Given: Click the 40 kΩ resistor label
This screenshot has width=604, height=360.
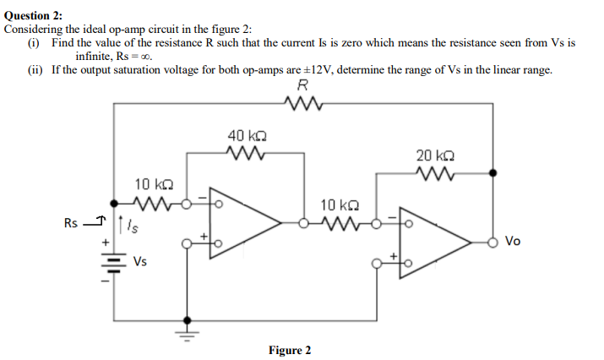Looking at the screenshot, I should [x=248, y=136].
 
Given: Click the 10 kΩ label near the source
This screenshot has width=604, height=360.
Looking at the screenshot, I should [x=155, y=184].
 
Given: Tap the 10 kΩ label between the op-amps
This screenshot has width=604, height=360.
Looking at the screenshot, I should [x=341, y=205].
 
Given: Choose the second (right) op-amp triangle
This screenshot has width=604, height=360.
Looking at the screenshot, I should [x=434, y=242].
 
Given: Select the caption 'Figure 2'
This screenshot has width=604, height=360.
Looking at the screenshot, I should [x=290, y=350].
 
